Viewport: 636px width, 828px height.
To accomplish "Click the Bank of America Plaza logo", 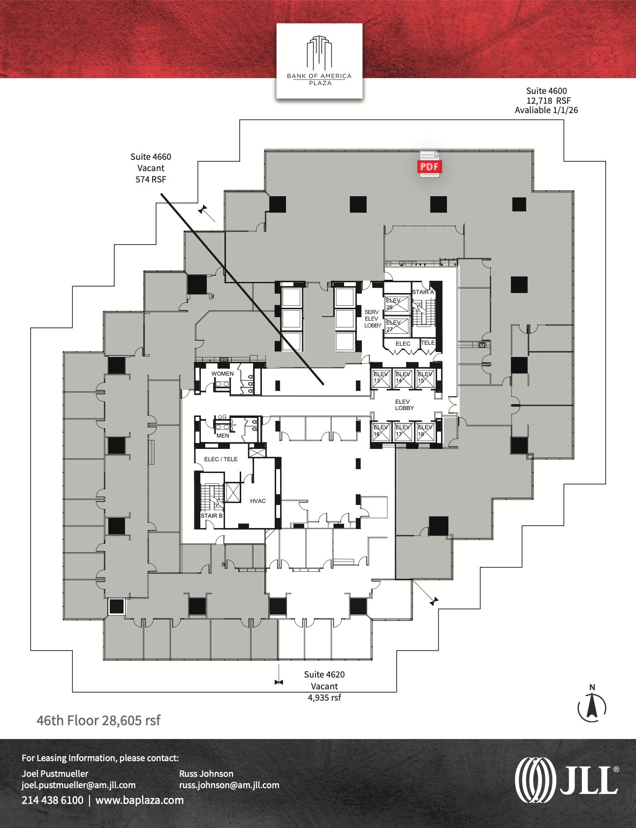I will (x=319, y=60).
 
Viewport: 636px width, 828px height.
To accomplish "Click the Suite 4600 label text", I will (x=546, y=100).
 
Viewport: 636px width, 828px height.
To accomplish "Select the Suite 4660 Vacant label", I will (x=151, y=168).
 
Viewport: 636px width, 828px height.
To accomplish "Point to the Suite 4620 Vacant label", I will (x=324, y=685).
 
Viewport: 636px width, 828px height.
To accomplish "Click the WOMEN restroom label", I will (x=223, y=374).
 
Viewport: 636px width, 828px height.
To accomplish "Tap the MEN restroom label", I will (x=223, y=436).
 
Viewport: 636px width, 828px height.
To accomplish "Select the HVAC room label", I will (x=257, y=501).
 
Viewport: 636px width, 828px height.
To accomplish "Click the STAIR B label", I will (x=211, y=516).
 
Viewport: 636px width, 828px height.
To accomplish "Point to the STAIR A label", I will (x=423, y=292).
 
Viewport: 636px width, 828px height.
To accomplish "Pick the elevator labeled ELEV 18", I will (x=425, y=431).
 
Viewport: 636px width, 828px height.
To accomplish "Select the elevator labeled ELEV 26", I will (x=396, y=304).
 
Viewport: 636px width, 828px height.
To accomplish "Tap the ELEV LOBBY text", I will (x=404, y=405).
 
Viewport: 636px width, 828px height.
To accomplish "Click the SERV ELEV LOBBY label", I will (x=373, y=319).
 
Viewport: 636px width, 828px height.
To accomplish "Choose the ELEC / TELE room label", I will (x=221, y=459).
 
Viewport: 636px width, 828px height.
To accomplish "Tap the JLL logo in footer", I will (x=567, y=780).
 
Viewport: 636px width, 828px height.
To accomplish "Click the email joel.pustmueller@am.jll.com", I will (x=78, y=785).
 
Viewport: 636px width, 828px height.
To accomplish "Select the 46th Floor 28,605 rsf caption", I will (x=98, y=720).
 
